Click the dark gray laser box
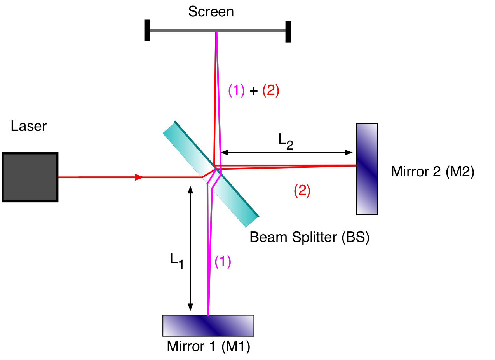pos(30,177)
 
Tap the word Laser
pos(29,126)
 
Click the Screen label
pos(211,12)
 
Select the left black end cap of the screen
pos(147,30)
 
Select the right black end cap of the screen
pos(288,31)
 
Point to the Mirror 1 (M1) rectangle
pos(208,325)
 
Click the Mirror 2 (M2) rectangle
pos(367,169)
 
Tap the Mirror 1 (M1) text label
pos(208,346)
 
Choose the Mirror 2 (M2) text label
pos(432,172)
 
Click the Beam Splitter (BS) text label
pos(309,237)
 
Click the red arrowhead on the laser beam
pos(139,177)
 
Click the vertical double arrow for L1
pos(190,248)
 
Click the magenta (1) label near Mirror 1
pos(223,262)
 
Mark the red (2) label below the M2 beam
pos(302,190)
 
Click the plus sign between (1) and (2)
pos(253,91)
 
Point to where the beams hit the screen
pos(216,31)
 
